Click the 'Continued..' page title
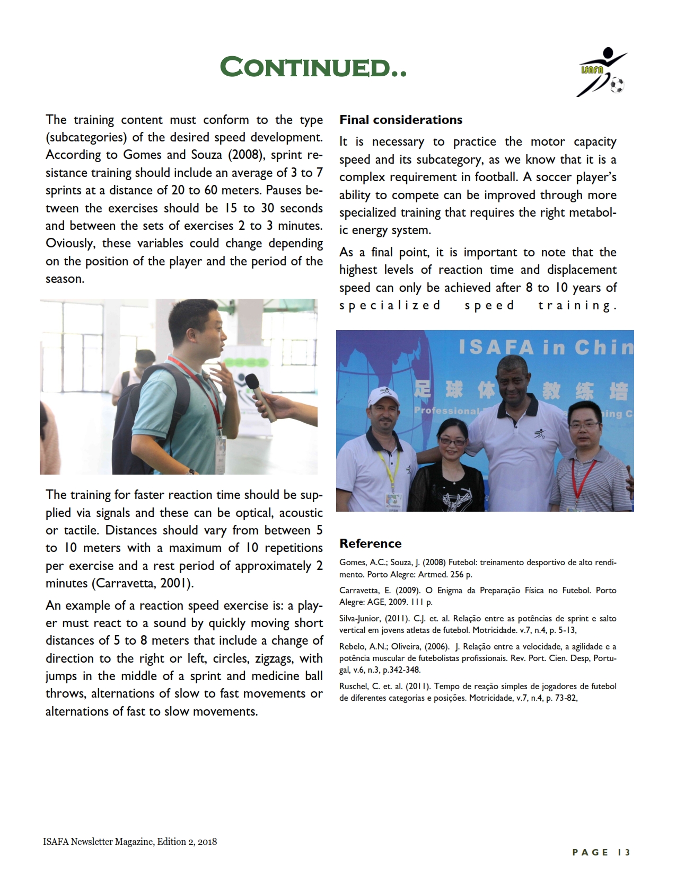pyautogui.click(x=313, y=67)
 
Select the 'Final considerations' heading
pyautogui.click(x=401, y=120)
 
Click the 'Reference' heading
pyautogui.click(x=371, y=543)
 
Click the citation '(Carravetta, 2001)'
pyautogui.click(x=143, y=584)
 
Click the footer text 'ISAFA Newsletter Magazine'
pyautogui.click(x=98, y=842)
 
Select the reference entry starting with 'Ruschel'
pyautogui.click(x=478, y=692)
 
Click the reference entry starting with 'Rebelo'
pyautogui.click(x=478, y=658)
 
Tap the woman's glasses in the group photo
pyautogui.click(x=451, y=441)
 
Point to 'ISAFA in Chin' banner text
pyautogui.click(x=546, y=347)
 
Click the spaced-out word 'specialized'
pyautogui.click(x=390, y=306)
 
